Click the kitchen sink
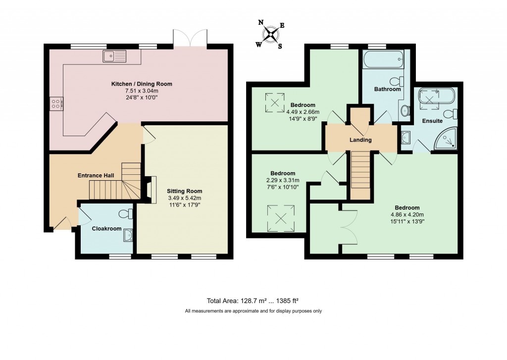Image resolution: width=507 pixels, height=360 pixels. [114, 56]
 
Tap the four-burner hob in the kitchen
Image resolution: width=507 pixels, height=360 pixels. [56, 103]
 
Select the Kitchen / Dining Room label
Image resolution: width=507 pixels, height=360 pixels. [141, 84]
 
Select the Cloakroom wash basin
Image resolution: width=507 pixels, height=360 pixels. [128, 235]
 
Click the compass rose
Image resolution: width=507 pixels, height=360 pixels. [271, 34]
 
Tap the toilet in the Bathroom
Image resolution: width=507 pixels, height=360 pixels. [397, 81]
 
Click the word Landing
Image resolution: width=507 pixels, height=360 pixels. [360, 140]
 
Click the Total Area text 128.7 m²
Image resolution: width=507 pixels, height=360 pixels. [253, 301]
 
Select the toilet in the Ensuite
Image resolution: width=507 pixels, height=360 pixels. [451, 114]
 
